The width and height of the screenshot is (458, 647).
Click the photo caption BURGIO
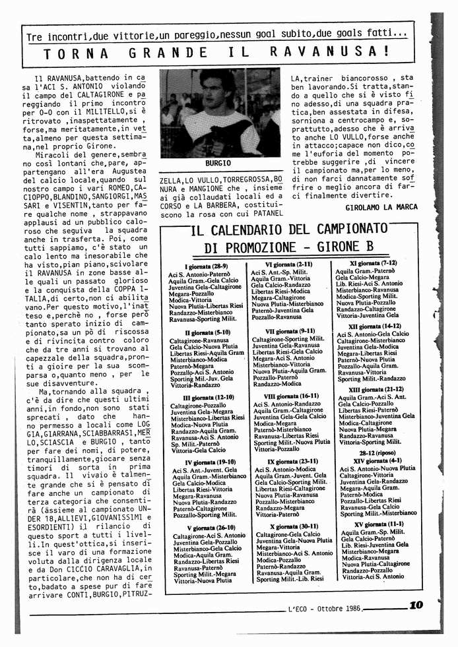(x=218, y=163)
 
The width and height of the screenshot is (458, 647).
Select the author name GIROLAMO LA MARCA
(x=381, y=207)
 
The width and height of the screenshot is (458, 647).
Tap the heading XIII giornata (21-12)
(x=376, y=390)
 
